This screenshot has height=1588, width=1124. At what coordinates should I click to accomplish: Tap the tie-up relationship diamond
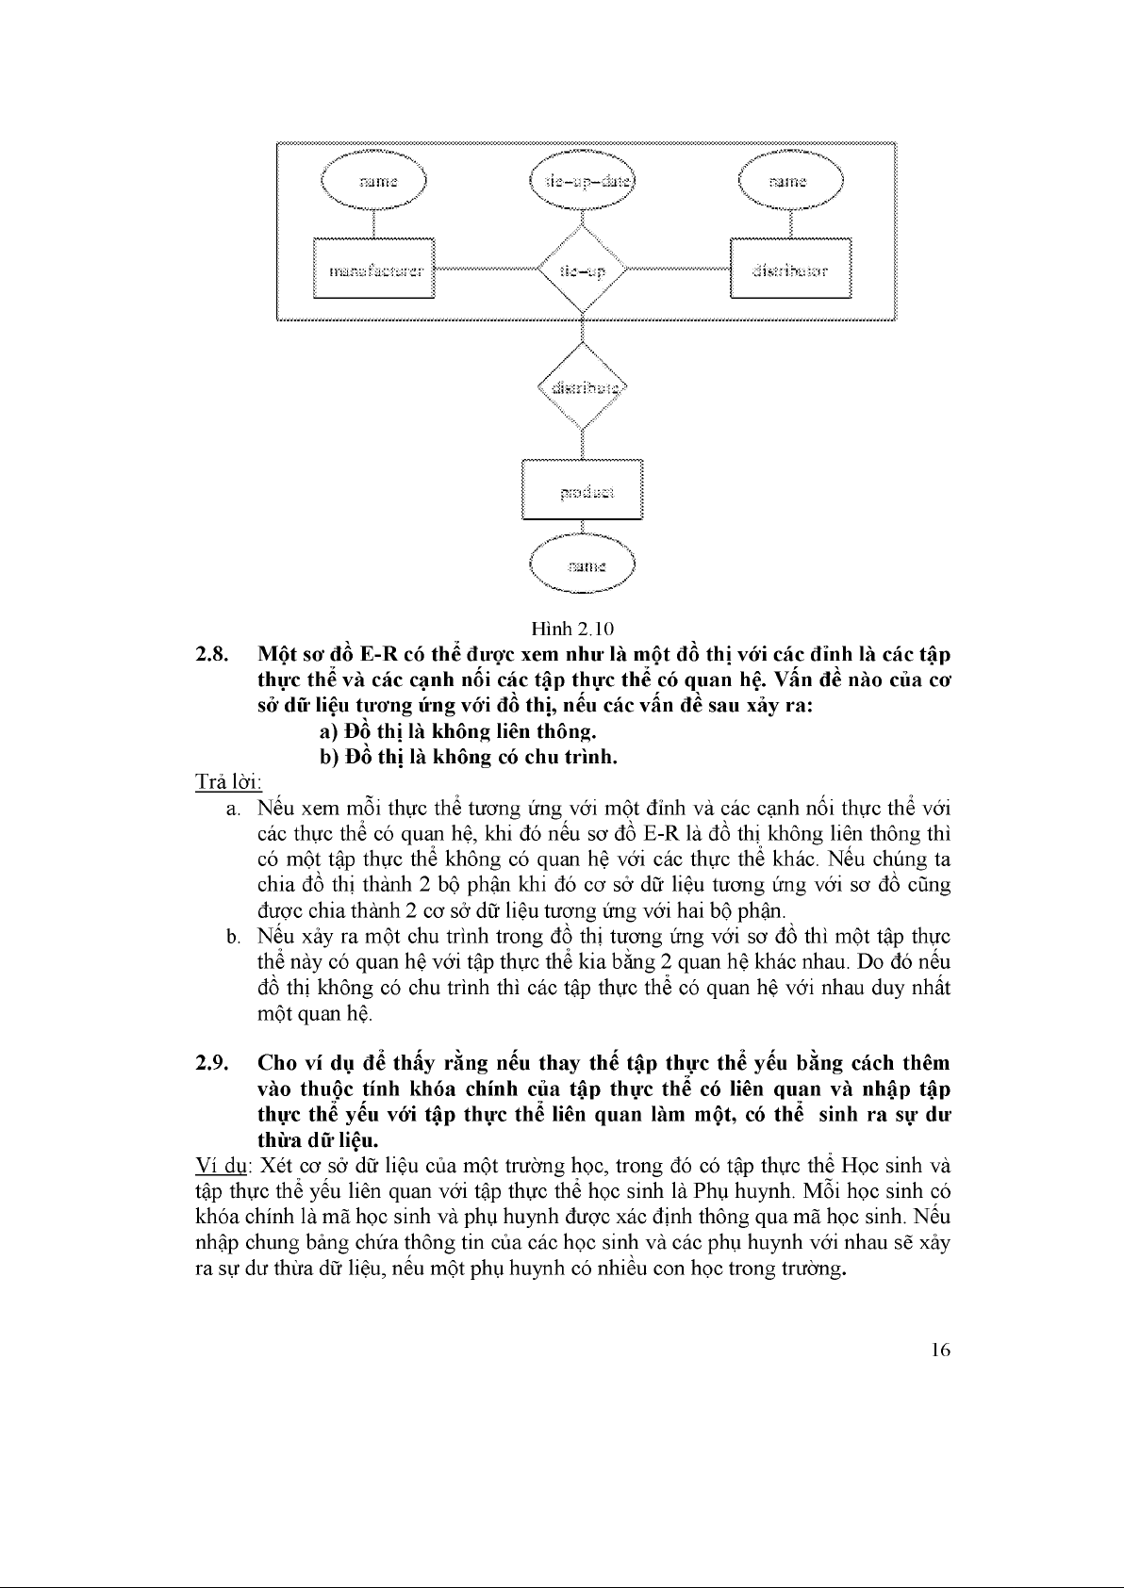(582, 270)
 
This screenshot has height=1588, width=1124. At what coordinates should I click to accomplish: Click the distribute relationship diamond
(582, 386)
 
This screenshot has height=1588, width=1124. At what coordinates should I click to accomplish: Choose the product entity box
(583, 489)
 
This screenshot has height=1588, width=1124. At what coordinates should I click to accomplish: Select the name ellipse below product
(583, 565)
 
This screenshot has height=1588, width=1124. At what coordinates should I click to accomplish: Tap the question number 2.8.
(209, 654)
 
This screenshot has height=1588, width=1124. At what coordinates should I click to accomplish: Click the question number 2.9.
(209, 1063)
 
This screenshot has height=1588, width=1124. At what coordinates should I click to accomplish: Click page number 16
(939, 1350)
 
